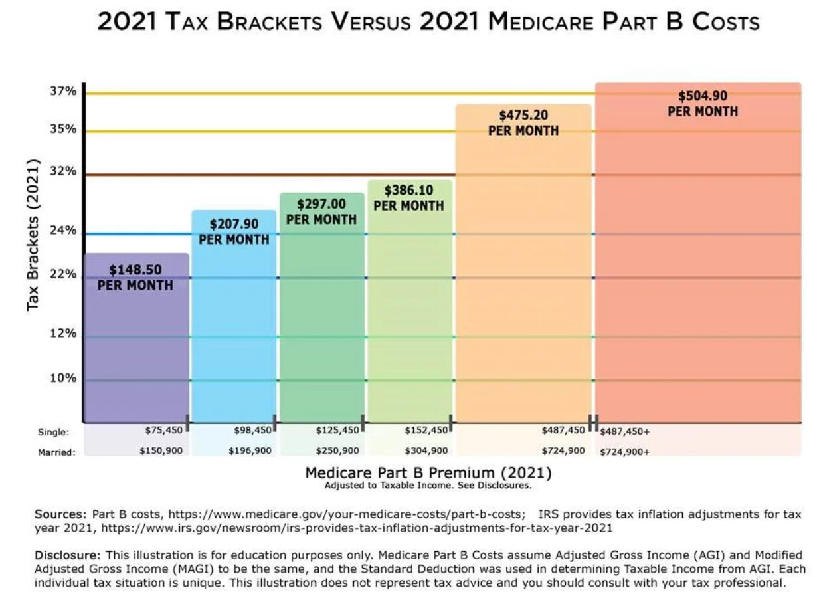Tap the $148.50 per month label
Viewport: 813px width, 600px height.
coord(135,277)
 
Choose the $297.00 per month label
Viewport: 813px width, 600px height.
coord(321,211)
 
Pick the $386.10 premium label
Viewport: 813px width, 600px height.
coord(408,197)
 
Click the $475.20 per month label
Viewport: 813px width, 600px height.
coord(523,122)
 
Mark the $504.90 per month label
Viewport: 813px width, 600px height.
coord(702,103)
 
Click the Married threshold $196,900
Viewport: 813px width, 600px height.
coord(250,450)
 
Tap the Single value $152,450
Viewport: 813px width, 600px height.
coord(425,431)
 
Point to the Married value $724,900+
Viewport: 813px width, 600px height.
coord(624,452)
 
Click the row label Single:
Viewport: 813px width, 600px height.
coord(54,432)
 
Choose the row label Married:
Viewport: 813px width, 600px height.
coord(56,452)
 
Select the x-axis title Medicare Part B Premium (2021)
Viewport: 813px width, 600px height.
coord(428,473)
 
